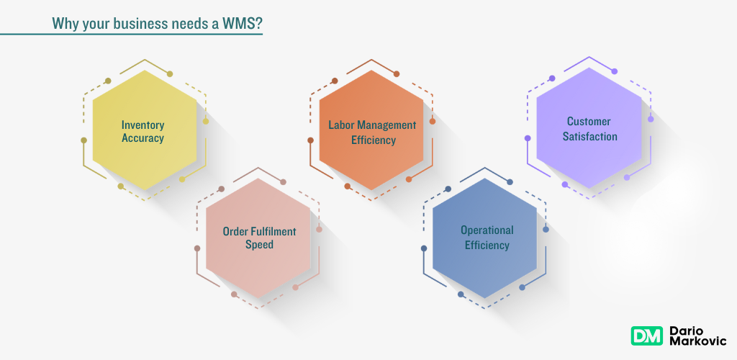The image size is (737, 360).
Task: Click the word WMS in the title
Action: coord(239,23)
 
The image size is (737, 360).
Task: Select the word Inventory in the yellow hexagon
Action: coord(143,124)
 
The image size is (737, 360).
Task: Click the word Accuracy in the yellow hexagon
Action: coord(143,138)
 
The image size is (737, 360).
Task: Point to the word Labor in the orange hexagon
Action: coord(341,125)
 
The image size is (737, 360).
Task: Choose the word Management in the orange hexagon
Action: coord(386,125)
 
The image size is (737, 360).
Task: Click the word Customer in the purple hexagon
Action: coord(588,121)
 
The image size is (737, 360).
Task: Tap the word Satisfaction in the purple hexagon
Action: coord(588,135)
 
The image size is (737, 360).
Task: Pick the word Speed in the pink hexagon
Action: coord(258,245)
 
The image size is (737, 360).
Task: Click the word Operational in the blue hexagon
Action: coord(487,230)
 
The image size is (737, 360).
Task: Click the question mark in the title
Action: coord(258,23)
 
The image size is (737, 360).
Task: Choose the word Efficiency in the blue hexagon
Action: coord(487,245)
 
